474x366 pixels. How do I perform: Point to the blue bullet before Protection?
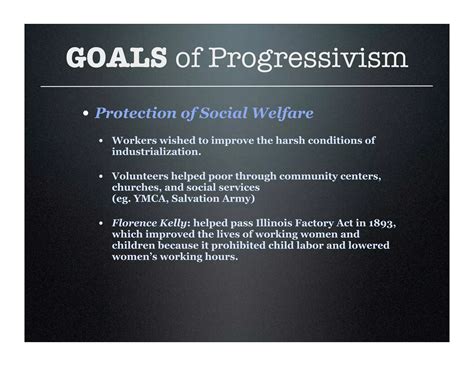87,114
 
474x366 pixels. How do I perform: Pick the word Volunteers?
143,176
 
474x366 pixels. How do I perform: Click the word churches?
138,187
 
